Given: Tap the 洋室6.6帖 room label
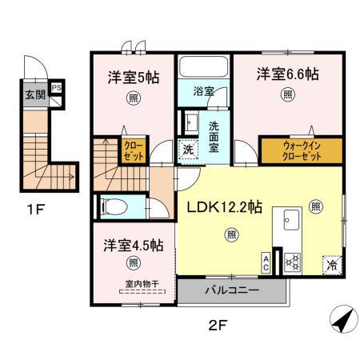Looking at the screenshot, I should pos(287,74).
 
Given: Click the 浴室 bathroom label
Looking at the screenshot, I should pos(203,91).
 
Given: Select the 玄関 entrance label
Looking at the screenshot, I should pos(34,96).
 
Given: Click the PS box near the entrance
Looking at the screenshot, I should pos(56,89).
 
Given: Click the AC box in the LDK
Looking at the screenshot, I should pos(266,262).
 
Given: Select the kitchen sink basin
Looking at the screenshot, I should pos(290,220).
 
